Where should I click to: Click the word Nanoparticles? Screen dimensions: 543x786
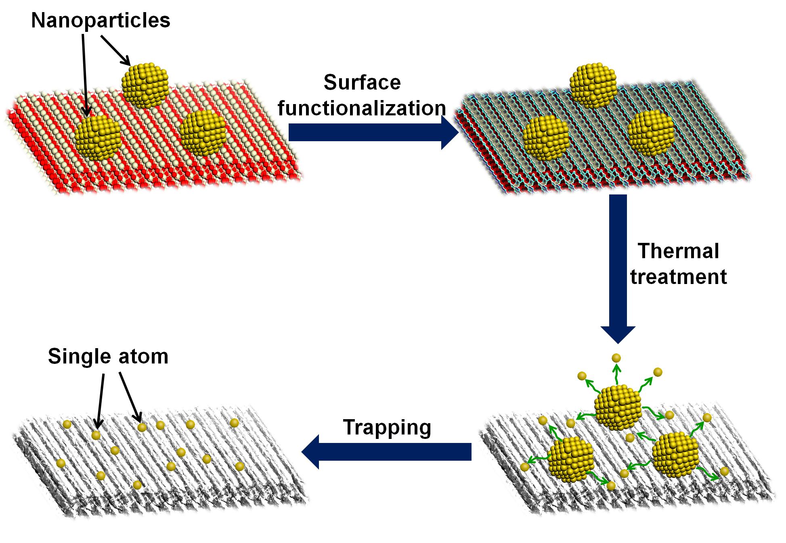coord(101,20)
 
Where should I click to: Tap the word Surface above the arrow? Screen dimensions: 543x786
coord(362,83)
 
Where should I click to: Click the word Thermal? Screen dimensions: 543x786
coord(679,251)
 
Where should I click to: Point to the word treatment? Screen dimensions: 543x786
coord(679,277)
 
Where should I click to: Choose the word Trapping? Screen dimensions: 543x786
coord(387,427)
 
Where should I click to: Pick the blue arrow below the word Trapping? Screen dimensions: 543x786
coord(387,451)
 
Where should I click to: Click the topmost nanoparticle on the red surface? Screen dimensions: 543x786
coord(145,85)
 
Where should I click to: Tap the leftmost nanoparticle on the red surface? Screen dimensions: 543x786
coord(98,137)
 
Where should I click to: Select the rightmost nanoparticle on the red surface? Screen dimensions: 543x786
coord(202,133)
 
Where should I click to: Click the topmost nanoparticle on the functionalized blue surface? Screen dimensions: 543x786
coord(593,86)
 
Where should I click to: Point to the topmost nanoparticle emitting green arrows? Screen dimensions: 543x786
coord(618,407)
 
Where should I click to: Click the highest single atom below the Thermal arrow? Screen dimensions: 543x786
coord(616,358)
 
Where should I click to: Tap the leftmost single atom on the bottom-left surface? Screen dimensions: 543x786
coord(61,463)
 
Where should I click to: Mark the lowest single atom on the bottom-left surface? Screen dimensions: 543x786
coord(137,485)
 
